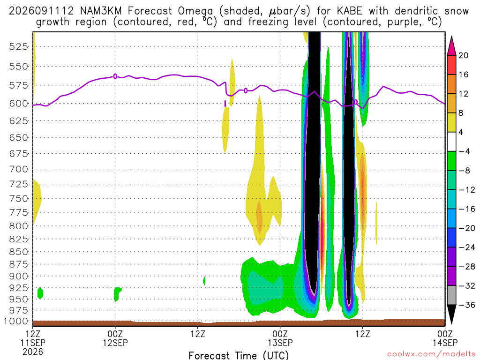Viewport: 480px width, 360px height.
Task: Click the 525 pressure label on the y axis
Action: coord(19,47)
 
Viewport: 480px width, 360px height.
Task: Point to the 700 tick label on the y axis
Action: coord(19,169)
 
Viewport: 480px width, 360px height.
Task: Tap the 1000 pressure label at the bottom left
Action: coord(16,321)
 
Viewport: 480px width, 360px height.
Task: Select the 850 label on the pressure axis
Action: coord(19,252)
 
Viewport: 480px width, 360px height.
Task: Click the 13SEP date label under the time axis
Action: coord(280,343)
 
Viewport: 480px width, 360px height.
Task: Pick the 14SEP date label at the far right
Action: coord(445,343)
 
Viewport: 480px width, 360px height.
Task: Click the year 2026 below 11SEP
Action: coord(33,352)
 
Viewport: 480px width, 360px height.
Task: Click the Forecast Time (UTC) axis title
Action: coord(239,355)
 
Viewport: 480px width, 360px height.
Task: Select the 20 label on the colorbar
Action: coord(463,55)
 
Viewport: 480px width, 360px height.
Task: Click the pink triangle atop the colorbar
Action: coord(451,46)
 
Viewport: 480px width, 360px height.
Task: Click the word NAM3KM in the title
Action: coord(101,11)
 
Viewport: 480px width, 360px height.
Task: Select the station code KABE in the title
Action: coord(349,11)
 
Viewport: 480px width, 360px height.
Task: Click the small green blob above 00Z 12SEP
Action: coord(117,293)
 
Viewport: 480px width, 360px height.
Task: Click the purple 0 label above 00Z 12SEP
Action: coord(115,76)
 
